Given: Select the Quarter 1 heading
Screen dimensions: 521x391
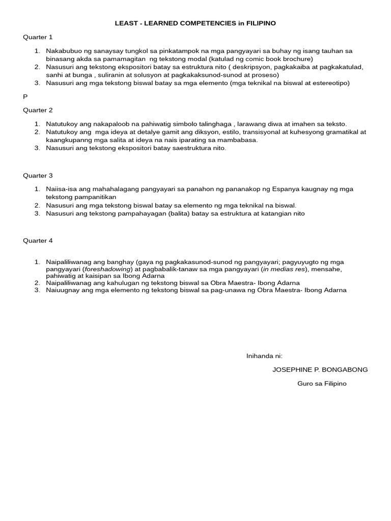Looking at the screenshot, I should [38, 37].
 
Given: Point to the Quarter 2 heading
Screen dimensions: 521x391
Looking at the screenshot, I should [38, 110].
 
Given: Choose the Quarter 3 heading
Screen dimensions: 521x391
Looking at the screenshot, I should [38, 176].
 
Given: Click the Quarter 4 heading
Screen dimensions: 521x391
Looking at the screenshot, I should [38, 241].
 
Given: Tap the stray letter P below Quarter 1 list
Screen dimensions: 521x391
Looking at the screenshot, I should [25, 96].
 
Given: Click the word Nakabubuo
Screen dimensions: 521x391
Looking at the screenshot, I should [64, 51].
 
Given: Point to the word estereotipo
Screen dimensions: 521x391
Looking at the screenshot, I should [329, 83].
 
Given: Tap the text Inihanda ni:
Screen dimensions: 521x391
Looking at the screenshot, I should [264, 356].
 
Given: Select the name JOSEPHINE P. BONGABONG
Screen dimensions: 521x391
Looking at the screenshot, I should [320, 370].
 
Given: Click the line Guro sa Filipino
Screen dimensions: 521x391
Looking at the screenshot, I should [322, 384].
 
